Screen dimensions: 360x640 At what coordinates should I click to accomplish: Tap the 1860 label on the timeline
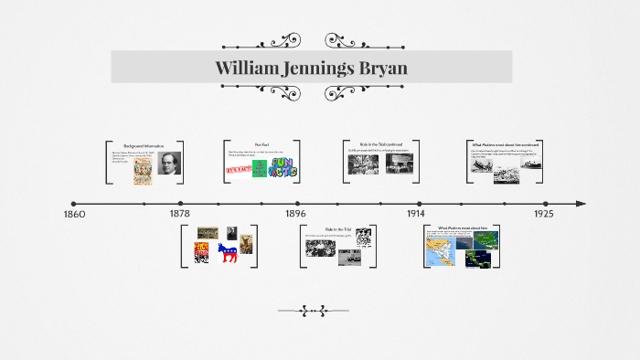(74, 214)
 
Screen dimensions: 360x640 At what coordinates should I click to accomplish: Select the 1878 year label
(180, 214)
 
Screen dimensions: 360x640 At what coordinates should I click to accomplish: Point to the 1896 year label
(295, 214)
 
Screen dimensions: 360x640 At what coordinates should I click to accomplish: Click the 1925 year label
(544, 214)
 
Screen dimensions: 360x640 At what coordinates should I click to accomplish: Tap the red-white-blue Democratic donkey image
(227, 253)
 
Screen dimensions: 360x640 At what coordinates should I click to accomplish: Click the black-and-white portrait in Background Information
(171, 163)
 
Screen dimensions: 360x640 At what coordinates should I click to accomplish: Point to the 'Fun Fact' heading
(261, 145)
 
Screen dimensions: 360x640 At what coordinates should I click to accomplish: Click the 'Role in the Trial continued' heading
(381, 144)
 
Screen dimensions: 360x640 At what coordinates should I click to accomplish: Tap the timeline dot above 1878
(180, 204)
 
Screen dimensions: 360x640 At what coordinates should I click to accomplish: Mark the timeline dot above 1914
(420, 204)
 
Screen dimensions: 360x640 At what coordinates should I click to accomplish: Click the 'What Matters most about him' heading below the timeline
(463, 228)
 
